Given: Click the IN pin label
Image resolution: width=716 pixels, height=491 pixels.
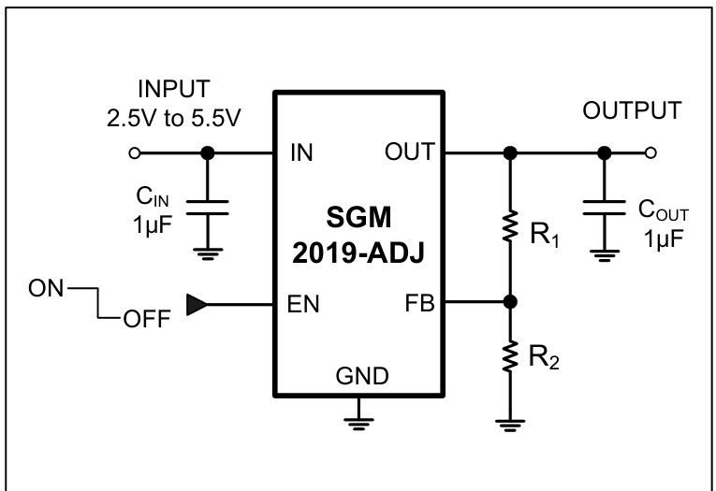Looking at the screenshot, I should pos(302,152).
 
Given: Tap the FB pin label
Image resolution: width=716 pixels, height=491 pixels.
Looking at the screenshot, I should pos(419,303).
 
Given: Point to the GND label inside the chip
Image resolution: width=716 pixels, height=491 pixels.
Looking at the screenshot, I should pos(358,375).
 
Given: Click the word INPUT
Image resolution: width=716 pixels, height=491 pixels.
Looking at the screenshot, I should pos(174,90).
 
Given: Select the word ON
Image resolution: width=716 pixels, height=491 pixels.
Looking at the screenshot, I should pos(45,288).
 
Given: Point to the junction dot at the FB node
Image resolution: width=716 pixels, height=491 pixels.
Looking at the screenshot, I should pos(510,303).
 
